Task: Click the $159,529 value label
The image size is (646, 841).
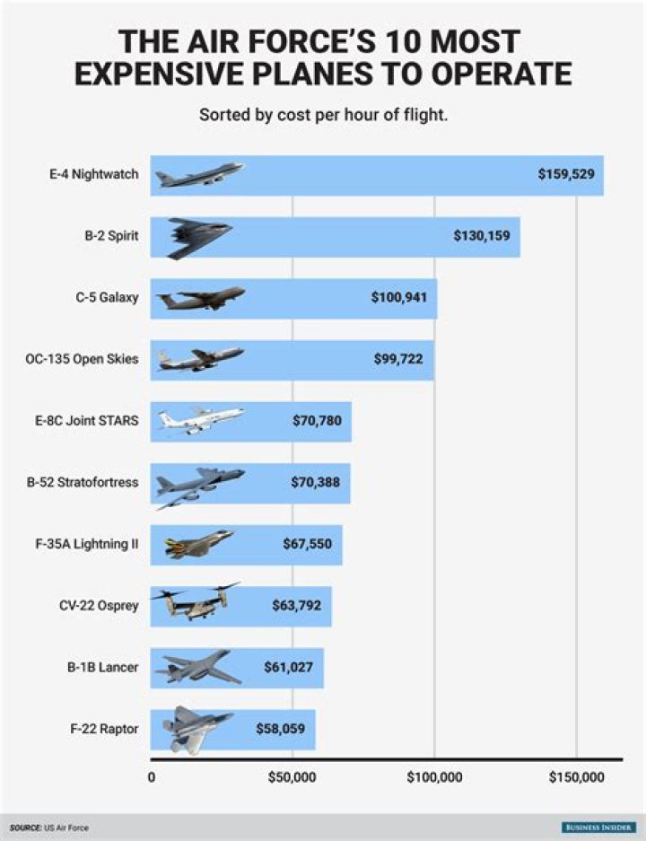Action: click(x=565, y=174)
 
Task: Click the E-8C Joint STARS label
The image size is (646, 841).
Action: click(x=94, y=420)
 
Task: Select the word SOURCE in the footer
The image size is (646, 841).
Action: click(x=25, y=827)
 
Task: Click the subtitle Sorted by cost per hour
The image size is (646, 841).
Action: click(x=323, y=115)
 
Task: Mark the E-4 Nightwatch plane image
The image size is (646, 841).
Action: click(x=199, y=175)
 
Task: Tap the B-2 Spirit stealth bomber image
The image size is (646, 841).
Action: click(x=199, y=237)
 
